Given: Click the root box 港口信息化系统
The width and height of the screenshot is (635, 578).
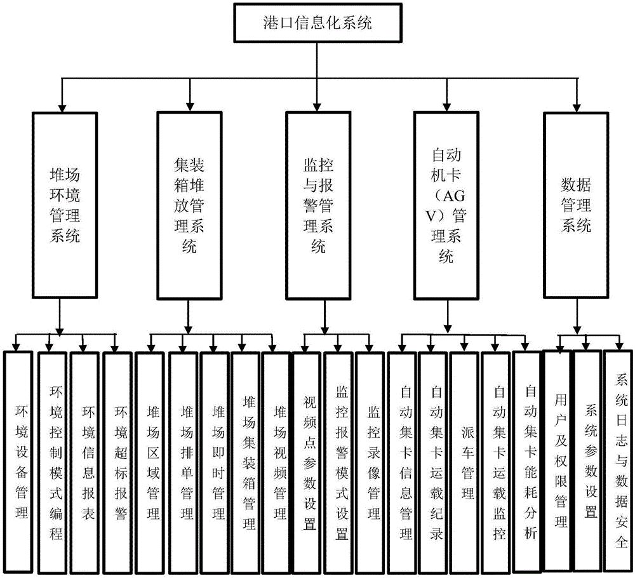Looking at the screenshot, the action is tap(317, 23).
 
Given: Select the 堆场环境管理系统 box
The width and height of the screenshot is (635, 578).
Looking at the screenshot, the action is tap(65, 205).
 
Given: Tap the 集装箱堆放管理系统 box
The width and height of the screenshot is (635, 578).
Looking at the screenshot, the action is tap(189, 205).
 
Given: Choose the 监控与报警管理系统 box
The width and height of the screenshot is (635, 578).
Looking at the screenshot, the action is tap(318, 205).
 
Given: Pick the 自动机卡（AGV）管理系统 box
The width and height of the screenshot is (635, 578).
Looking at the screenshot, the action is tap(446, 205).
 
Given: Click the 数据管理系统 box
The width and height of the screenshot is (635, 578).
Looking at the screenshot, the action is tap(575, 205).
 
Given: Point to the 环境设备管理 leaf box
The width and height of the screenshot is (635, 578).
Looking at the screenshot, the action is tap(18, 462).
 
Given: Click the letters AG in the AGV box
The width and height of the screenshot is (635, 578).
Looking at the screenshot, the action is tap(453, 196).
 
